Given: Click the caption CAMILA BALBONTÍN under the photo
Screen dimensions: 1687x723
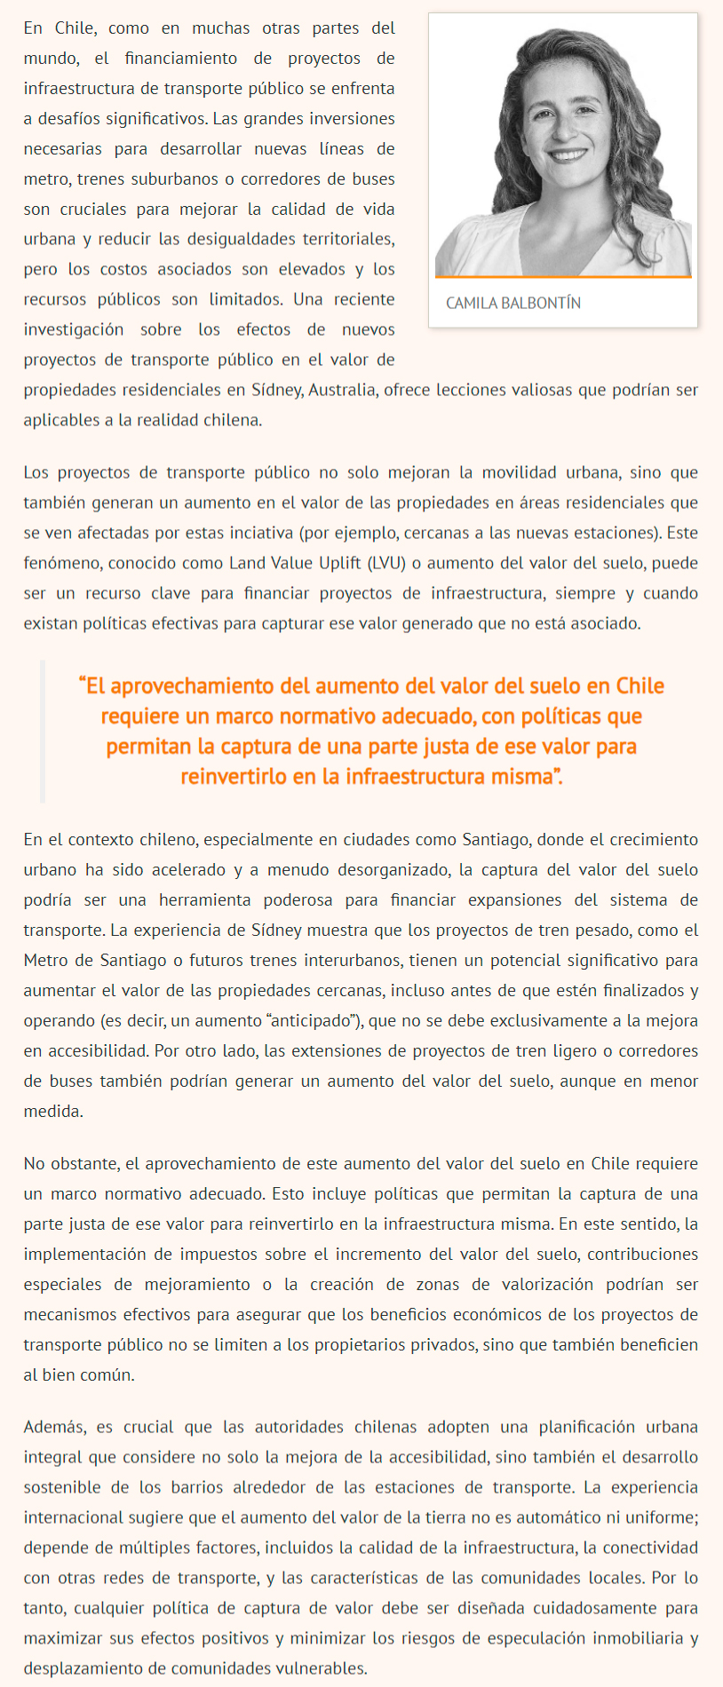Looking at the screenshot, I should [513, 304].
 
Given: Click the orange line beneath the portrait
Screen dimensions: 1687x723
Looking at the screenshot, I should [563, 277].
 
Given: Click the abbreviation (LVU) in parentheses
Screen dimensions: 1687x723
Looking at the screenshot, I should [387, 563].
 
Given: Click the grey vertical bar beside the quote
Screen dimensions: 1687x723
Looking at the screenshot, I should [43, 731].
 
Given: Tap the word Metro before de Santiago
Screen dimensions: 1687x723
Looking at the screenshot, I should [44, 961].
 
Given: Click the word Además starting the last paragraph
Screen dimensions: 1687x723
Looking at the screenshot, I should [54, 1428].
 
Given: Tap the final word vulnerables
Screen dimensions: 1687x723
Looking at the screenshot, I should [321, 1668].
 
